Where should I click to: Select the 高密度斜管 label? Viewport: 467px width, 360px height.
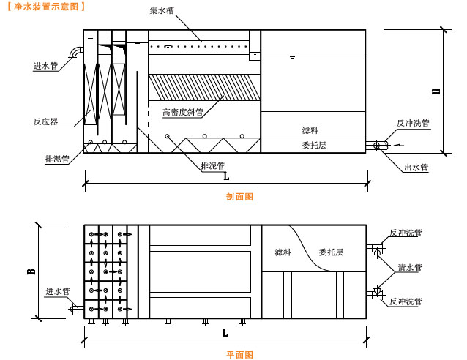point(182,112)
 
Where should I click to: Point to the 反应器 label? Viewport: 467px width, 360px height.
point(45,121)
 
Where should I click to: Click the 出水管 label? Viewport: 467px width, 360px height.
point(416,168)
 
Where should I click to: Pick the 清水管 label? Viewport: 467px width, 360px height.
point(409,267)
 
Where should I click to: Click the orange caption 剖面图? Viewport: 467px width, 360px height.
point(239,197)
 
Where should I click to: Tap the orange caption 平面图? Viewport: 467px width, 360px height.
point(239,355)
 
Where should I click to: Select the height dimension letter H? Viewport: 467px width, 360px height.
point(436,91)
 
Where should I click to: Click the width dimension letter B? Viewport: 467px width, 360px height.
point(31,271)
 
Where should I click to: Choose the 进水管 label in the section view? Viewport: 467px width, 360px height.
point(45,66)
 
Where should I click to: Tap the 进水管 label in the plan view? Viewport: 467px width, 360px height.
point(57,290)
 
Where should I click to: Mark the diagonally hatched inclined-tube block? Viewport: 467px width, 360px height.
point(205,87)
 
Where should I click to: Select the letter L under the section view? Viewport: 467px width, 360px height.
point(225,176)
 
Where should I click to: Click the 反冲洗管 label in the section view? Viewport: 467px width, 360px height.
point(413,124)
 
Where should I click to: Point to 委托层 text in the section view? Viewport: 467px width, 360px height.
point(313,146)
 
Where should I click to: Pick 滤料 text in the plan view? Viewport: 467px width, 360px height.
point(283,252)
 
